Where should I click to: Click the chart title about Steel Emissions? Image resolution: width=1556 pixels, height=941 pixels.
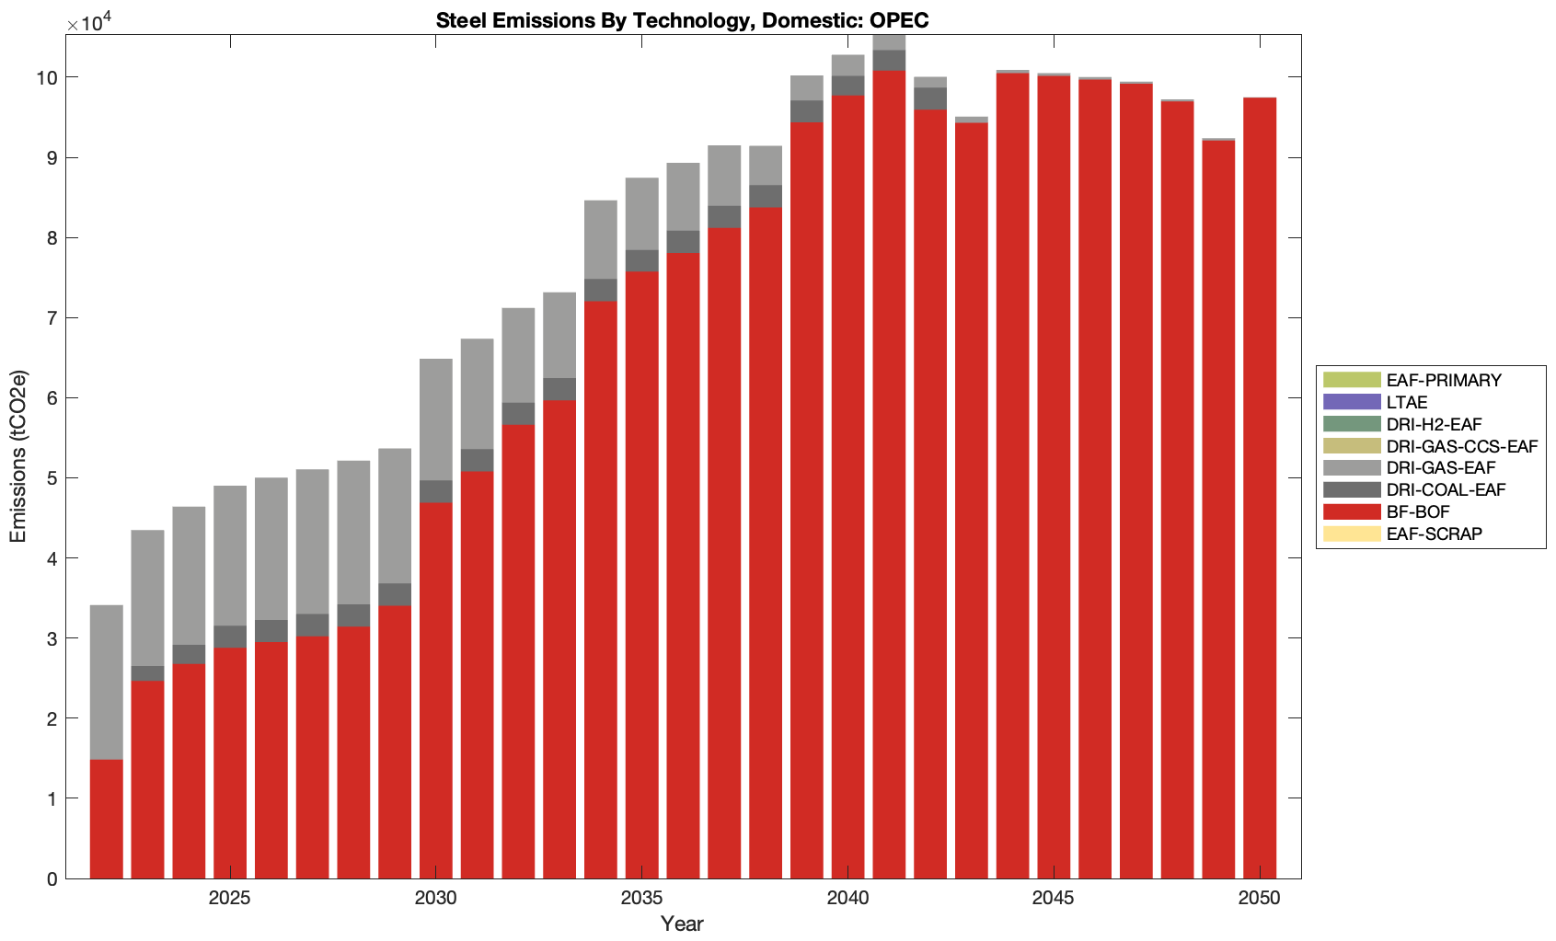(682, 20)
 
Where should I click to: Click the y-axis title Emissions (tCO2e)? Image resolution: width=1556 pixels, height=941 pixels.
(18, 456)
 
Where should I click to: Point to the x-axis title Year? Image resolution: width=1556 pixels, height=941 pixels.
(682, 924)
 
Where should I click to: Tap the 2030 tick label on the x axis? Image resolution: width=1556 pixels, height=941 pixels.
(435, 898)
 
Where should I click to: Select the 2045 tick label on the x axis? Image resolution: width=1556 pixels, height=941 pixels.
(1053, 898)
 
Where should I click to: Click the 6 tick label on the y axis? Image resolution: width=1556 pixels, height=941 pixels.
(52, 398)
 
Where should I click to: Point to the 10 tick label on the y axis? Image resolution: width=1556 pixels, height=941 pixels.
(47, 78)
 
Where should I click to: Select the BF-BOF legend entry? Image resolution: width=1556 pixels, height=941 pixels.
(1417, 512)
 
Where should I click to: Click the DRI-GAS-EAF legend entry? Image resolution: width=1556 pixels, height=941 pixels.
(1440, 468)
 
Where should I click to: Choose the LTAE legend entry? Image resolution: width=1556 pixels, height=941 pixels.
(1406, 402)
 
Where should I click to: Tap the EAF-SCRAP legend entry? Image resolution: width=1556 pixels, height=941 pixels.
(1434, 534)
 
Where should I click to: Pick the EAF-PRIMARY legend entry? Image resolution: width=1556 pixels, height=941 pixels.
(1443, 380)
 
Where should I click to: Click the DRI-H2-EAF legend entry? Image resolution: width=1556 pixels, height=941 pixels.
(1434, 424)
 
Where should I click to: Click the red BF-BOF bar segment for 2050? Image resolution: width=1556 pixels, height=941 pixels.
(1259, 488)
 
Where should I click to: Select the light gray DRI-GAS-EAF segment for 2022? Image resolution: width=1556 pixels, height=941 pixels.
(107, 682)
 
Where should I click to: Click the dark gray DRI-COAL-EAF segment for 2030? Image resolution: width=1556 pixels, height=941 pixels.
(436, 491)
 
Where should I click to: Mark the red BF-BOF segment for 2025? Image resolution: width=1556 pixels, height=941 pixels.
(230, 763)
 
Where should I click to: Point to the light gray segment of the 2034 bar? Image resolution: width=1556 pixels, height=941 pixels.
(601, 239)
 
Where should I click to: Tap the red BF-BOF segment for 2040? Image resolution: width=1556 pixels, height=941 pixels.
(847, 488)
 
